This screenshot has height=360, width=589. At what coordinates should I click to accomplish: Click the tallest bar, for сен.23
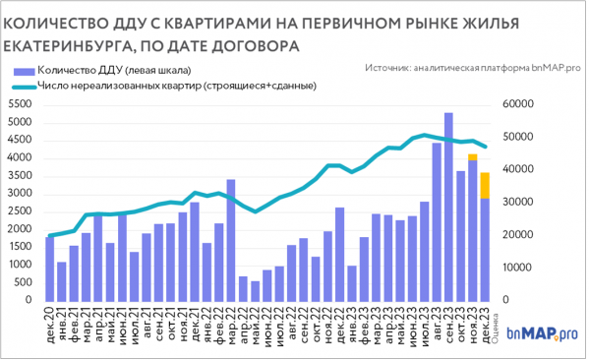[x=448, y=207]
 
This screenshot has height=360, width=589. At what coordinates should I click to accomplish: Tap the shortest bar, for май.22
[x=256, y=291]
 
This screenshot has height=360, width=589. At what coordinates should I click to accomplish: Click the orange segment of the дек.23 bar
[x=485, y=185]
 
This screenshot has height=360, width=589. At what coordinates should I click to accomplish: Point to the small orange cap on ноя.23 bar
[x=473, y=157]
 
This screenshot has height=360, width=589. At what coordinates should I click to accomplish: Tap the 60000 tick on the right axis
[x=516, y=104]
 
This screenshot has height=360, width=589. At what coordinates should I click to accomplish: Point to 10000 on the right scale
[x=516, y=268]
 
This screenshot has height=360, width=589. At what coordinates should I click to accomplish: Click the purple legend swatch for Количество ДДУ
[x=23, y=70]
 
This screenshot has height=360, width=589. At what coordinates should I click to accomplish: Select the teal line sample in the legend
[x=23, y=87]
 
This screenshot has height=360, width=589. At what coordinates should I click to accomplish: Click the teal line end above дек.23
[x=485, y=147]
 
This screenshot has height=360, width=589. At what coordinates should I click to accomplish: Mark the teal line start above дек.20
[x=50, y=236]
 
